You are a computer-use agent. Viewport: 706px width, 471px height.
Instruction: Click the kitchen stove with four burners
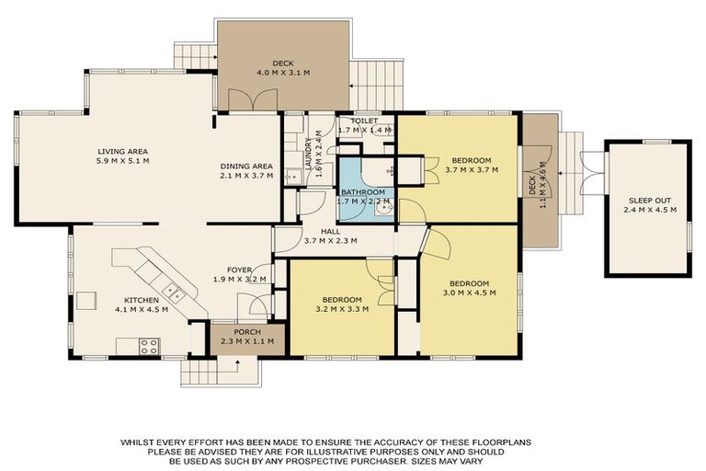[x=148, y=346]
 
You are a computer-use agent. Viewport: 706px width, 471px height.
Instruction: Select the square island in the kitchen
[x=87, y=301]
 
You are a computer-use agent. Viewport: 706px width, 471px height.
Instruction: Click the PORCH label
[x=247, y=332]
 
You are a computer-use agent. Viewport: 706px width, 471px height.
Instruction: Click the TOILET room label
[x=358, y=121]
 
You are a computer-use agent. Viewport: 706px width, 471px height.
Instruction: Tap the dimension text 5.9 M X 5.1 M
[x=122, y=161]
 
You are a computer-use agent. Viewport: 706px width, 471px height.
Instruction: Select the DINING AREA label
[x=246, y=166]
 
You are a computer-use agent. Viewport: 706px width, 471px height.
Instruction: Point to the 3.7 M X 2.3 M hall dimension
[x=335, y=242]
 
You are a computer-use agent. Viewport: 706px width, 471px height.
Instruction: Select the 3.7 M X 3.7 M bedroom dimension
[x=471, y=169]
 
